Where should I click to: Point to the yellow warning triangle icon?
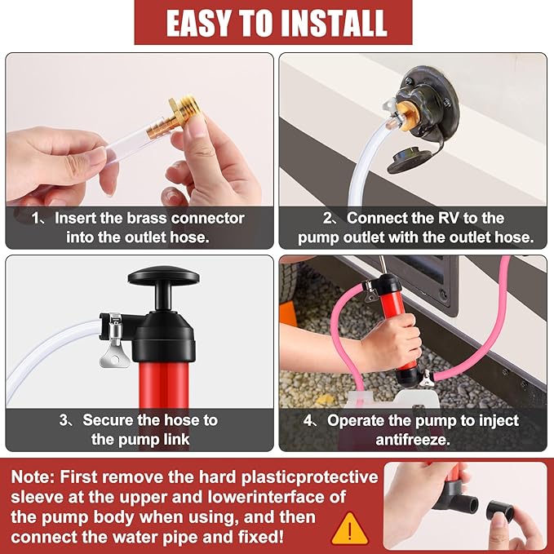point(349,525)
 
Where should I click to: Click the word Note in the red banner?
point(33,477)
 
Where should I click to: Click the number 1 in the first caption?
point(36,218)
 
